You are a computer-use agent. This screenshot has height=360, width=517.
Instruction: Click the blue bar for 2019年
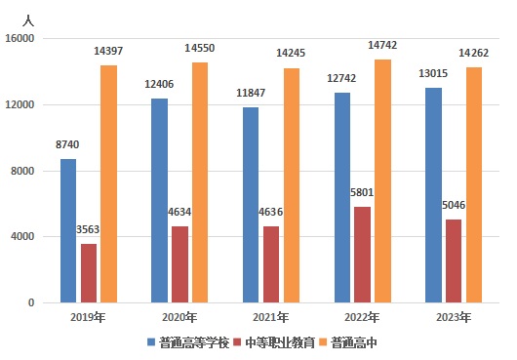coord(68,230)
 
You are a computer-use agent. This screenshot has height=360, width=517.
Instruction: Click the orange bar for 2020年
coord(199,182)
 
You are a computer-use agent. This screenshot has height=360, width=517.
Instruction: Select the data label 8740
coord(67,144)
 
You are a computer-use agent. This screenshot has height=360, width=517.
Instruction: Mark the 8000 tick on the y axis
coord(22,171)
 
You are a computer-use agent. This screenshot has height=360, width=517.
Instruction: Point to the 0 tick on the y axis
coord(31,302)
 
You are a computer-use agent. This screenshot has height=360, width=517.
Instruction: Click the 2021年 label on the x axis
coord(270,318)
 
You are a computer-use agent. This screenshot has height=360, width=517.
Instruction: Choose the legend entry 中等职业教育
coord(283,342)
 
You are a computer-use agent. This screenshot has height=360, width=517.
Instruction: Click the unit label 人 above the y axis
coord(27,19)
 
